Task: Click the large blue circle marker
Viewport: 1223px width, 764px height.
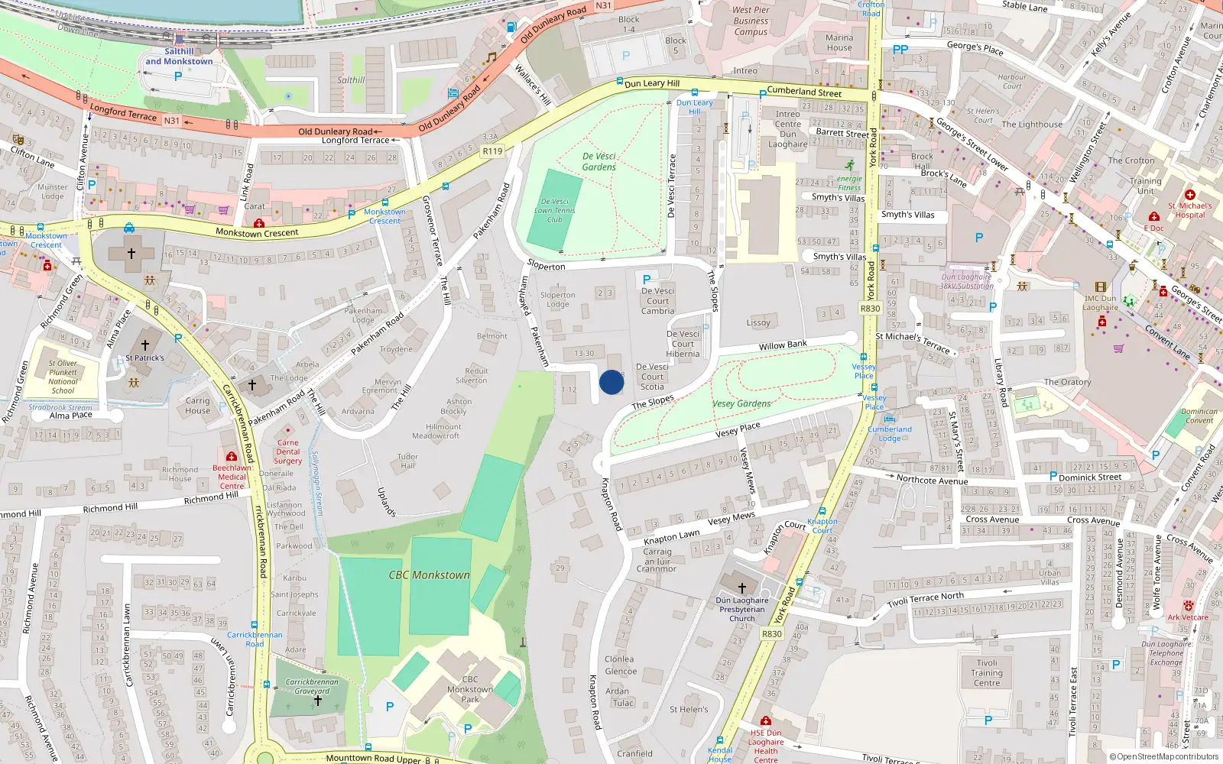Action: [x=611, y=382]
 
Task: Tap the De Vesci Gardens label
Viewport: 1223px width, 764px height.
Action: [x=599, y=161]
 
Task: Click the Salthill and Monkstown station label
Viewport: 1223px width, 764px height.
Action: [x=179, y=57]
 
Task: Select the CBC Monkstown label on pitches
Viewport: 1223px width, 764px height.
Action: [x=429, y=575]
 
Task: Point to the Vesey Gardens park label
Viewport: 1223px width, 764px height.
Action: [x=741, y=403]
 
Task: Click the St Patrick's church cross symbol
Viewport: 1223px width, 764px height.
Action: [x=145, y=345]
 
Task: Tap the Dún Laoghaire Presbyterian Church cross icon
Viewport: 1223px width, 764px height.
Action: [x=741, y=588]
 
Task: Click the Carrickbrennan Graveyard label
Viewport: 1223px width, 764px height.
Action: [x=312, y=686]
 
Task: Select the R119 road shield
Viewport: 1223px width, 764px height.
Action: [x=492, y=151]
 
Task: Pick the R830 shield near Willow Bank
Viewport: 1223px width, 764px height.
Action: [x=870, y=309]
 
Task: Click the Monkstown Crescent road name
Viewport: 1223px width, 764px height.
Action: [x=257, y=233]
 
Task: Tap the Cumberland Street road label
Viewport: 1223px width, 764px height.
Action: [x=804, y=92]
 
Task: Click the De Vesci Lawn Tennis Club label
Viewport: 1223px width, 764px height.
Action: [x=555, y=210]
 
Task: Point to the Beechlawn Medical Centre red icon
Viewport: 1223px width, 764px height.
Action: [x=231, y=456]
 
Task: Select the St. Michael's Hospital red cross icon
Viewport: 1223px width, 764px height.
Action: [x=1189, y=195]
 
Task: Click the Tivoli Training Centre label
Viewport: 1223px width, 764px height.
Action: [x=986, y=673]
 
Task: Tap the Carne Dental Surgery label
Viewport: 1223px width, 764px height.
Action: [x=288, y=452]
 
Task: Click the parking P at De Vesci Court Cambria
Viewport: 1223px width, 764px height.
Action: [x=647, y=280]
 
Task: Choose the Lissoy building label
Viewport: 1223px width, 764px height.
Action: [x=758, y=322]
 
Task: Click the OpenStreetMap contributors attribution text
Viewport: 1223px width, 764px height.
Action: [x=1166, y=756]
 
